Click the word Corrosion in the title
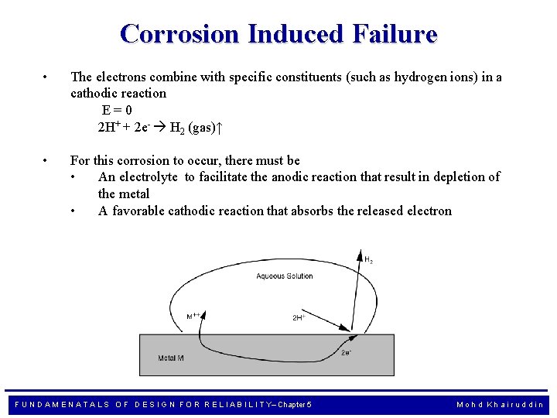coord(180,34)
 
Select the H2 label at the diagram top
coord(368,261)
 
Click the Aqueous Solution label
coord(285,276)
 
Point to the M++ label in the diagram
coord(194,317)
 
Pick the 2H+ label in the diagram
coord(299,317)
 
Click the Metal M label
coord(171,358)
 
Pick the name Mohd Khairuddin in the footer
coord(500,404)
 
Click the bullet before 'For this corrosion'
coord(46,160)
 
